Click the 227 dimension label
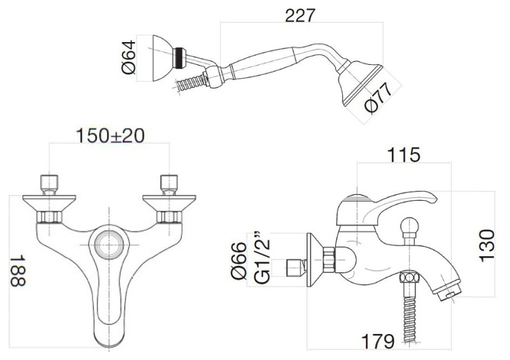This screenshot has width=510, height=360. tap(300, 15)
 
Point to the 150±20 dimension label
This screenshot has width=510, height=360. tap(110, 136)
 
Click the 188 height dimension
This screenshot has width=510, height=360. tap(17, 271)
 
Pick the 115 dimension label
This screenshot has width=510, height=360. tap(404, 155)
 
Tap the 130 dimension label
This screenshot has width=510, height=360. tap(487, 246)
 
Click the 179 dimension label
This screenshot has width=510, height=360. tap(377, 341)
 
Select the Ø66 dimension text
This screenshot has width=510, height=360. tap(239, 260)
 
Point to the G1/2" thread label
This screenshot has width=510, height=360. tap(261, 258)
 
